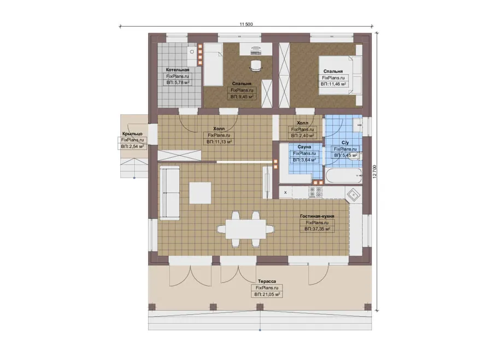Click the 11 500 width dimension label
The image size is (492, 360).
click(247, 24)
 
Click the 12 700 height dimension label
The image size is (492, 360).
click(374, 172)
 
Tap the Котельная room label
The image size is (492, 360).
click(178, 69)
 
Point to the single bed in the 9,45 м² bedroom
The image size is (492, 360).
click(213, 64)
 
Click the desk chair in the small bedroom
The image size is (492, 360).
click(256, 65)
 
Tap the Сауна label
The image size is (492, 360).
click(304, 147)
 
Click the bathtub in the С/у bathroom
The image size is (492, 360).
click(344, 175)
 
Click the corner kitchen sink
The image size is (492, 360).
click(353, 196)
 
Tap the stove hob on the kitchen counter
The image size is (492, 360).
click(315, 192)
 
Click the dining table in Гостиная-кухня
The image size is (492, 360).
click(245, 229)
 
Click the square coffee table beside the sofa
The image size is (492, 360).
click(200, 193)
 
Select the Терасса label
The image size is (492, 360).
click(267, 281)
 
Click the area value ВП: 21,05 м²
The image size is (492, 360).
click(267, 294)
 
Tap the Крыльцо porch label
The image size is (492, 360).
click(132, 134)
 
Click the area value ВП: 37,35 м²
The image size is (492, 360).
click(317, 229)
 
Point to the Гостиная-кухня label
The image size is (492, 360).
click(317, 216)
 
